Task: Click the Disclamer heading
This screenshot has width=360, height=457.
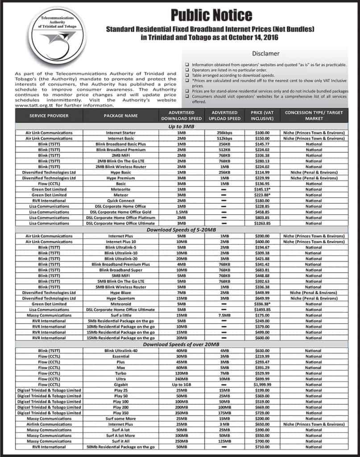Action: coord(265,53)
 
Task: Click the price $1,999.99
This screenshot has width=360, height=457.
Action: coord(263,384)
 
